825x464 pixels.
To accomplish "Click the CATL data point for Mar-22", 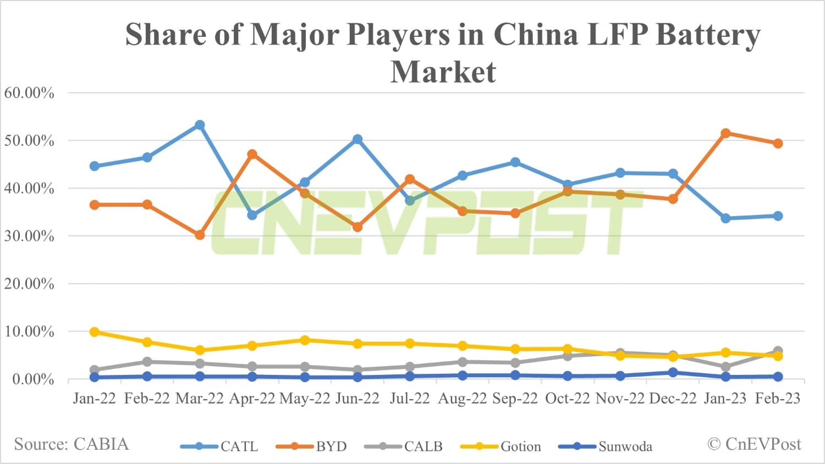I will point(200,125).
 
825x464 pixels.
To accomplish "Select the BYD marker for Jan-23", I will point(725,133).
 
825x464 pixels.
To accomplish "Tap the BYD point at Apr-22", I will point(252,154).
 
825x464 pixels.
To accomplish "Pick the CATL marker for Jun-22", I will point(358,140).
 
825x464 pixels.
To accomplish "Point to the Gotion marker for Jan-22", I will point(95,332).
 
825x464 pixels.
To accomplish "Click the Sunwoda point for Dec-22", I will point(673,373).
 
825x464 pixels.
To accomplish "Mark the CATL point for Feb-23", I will point(778,216).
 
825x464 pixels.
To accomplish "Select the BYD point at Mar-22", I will point(200,235).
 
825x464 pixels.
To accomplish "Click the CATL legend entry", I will point(220,446).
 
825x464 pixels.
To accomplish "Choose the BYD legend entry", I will point(312,446).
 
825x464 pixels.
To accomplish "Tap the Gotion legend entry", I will point(501,446).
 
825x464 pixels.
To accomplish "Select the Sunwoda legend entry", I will point(606,446).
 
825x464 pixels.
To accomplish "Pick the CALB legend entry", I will point(404,446).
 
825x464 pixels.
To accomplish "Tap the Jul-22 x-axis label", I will point(410,399).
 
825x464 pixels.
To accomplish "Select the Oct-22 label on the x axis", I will point(567,399).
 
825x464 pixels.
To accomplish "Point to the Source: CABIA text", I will point(71,444).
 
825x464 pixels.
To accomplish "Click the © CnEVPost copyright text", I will point(754,444).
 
